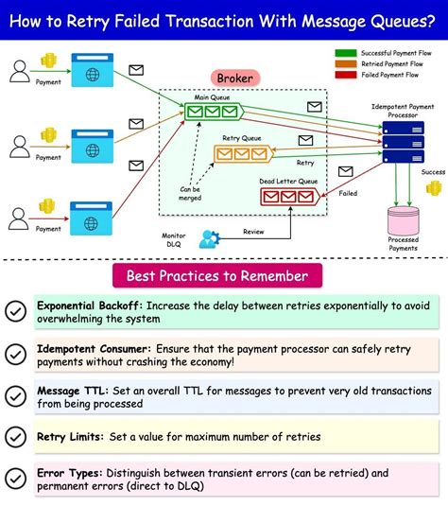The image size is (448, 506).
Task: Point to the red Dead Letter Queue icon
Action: pos(287,197)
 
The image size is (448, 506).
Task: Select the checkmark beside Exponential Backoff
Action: pos(16,311)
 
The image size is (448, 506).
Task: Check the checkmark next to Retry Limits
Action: pos(16,437)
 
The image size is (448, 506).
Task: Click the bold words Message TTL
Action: pos(71,390)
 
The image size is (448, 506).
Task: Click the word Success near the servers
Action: pos(433,172)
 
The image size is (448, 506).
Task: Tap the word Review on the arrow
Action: pos(254,231)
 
